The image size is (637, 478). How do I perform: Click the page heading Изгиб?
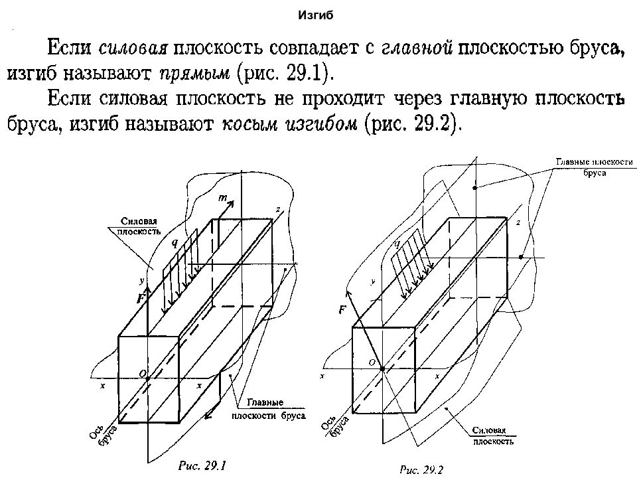coord(316,15)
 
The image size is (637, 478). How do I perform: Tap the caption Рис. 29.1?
coord(202,466)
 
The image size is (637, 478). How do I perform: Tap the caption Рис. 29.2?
coord(421,470)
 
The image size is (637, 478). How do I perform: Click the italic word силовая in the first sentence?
coord(133,48)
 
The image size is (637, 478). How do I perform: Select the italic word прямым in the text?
coord(194,74)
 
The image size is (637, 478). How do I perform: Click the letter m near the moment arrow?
coord(223,198)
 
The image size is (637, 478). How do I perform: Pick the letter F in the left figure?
coord(141,299)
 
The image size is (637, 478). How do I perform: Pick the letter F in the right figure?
coord(342,310)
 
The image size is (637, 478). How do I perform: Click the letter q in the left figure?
coord(175,243)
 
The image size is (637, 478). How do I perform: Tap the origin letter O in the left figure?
coord(142,374)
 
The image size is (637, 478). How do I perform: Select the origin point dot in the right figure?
coord(382,368)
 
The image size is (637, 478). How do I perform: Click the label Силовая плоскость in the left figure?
coord(139,226)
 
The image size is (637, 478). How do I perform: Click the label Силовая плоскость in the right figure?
coord(493,436)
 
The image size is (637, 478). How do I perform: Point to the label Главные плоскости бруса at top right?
coord(595,167)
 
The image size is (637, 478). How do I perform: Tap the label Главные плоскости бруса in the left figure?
coord(269,410)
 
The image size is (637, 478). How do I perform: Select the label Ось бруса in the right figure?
coord(334,426)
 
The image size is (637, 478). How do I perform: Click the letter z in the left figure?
coord(278,210)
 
